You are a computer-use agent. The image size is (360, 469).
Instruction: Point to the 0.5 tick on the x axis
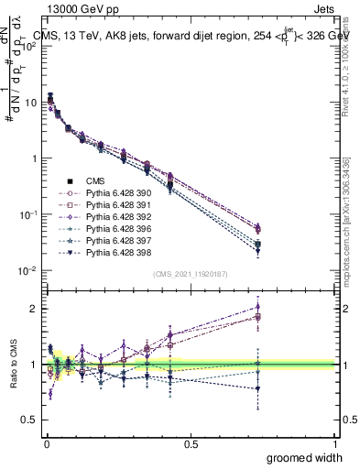(191, 444)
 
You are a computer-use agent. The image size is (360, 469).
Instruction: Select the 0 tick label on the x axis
(46, 444)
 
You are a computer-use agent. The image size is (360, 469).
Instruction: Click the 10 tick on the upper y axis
(34, 102)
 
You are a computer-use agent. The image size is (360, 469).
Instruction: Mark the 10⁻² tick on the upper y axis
(31, 271)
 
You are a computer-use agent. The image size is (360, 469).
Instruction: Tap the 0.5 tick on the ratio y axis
(32, 420)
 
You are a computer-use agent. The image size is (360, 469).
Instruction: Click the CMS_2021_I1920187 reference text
(191, 274)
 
